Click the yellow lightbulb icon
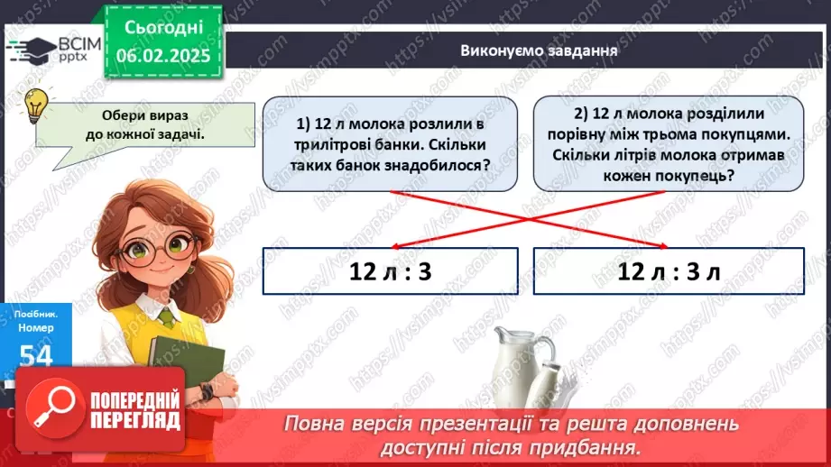point(36,105)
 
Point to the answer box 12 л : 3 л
point(668,271)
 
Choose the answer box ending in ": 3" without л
point(390,271)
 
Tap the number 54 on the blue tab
point(35,356)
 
